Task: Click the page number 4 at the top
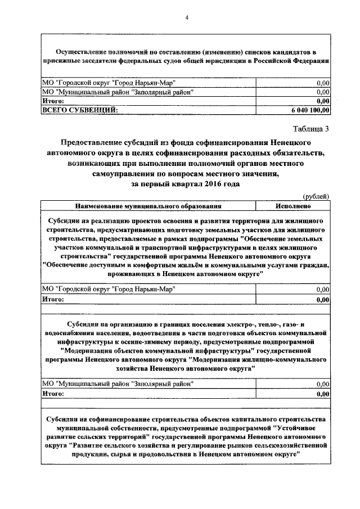(x=186, y=19)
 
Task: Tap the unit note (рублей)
(x=316, y=196)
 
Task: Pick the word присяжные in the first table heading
(x=61, y=60)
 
